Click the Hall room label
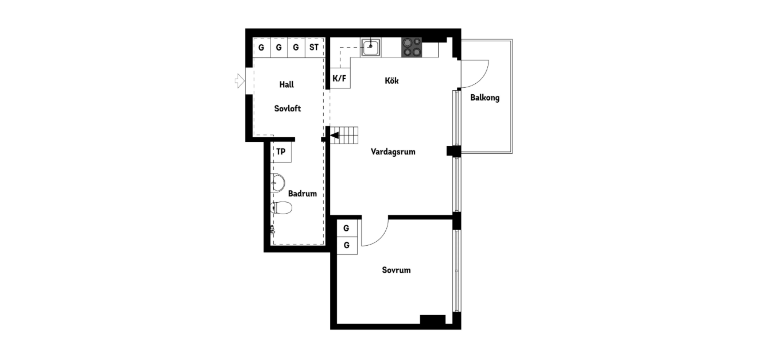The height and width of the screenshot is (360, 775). [x=286, y=84]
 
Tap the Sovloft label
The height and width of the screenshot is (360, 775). [x=288, y=109]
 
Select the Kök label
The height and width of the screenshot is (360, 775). [x=392, y=80]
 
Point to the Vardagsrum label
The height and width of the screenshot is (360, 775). [x=393, y=152]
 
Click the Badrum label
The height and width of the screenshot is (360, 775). [x=303, y=193]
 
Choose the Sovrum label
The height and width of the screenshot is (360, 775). [x=396, y=270]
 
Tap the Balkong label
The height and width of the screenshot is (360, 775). [x=485, y=98]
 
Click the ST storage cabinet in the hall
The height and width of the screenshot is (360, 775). [x=314, y=48]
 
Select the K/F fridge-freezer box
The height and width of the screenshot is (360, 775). [x=340, y=78]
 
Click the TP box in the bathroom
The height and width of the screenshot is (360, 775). [x=281, y=152]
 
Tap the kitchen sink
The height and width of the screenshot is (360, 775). [x=370, y=48]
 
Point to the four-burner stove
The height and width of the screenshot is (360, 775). [x=412, y=48]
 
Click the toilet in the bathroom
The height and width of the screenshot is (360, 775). [x=281, y=208]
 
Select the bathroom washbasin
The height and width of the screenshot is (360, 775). [x=277, y=183]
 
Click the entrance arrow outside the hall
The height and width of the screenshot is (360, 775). [x=240, y=81]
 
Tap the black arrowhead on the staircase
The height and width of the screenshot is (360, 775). [x=335, y=136]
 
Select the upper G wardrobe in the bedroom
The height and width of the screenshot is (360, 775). [x=347, y=228]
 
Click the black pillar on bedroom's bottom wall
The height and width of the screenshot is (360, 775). [x=432, y=319]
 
